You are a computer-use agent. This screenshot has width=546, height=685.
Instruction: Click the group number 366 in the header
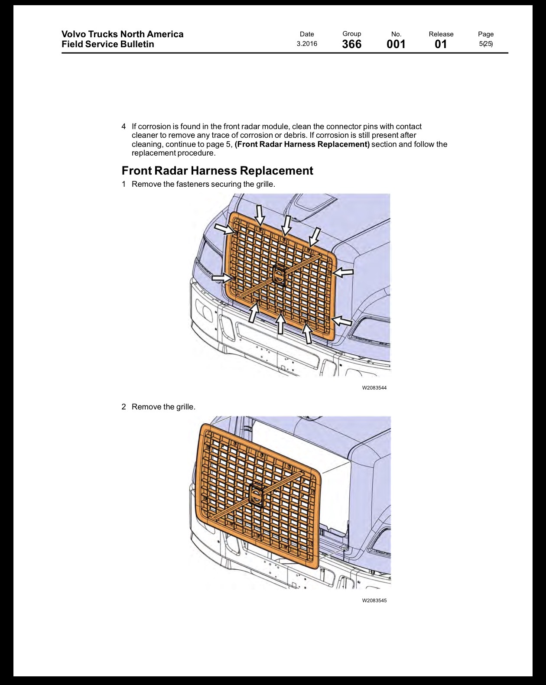pos(351,44)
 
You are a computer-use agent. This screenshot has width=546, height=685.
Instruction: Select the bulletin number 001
pos(396,44)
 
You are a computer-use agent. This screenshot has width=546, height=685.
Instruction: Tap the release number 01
pos(441,44)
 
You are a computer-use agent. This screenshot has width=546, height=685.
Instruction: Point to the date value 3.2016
pos(307,44)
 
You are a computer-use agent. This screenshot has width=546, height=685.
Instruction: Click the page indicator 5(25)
pos(486,44)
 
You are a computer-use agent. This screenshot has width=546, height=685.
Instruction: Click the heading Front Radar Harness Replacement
pos(218,171)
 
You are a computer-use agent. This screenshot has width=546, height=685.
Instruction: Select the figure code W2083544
pos(374,388)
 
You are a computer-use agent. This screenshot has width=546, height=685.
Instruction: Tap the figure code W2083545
pos(374,601)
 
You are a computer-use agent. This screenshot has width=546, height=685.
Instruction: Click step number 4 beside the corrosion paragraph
pos(123,127)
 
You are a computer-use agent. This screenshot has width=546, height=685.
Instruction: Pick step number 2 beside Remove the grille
pos(123,407)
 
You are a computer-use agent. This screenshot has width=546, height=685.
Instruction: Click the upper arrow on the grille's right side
pos(343,272)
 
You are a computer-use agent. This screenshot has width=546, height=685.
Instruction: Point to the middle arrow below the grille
pos(280,323)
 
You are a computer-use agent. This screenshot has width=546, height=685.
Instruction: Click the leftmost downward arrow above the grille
pos(260,216)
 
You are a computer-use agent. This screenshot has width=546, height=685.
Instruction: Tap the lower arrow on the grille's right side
pos(341,320)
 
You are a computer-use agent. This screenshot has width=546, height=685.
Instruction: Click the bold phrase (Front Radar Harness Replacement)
pos(302,144)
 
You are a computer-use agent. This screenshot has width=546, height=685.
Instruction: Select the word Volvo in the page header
pos(73,34)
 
